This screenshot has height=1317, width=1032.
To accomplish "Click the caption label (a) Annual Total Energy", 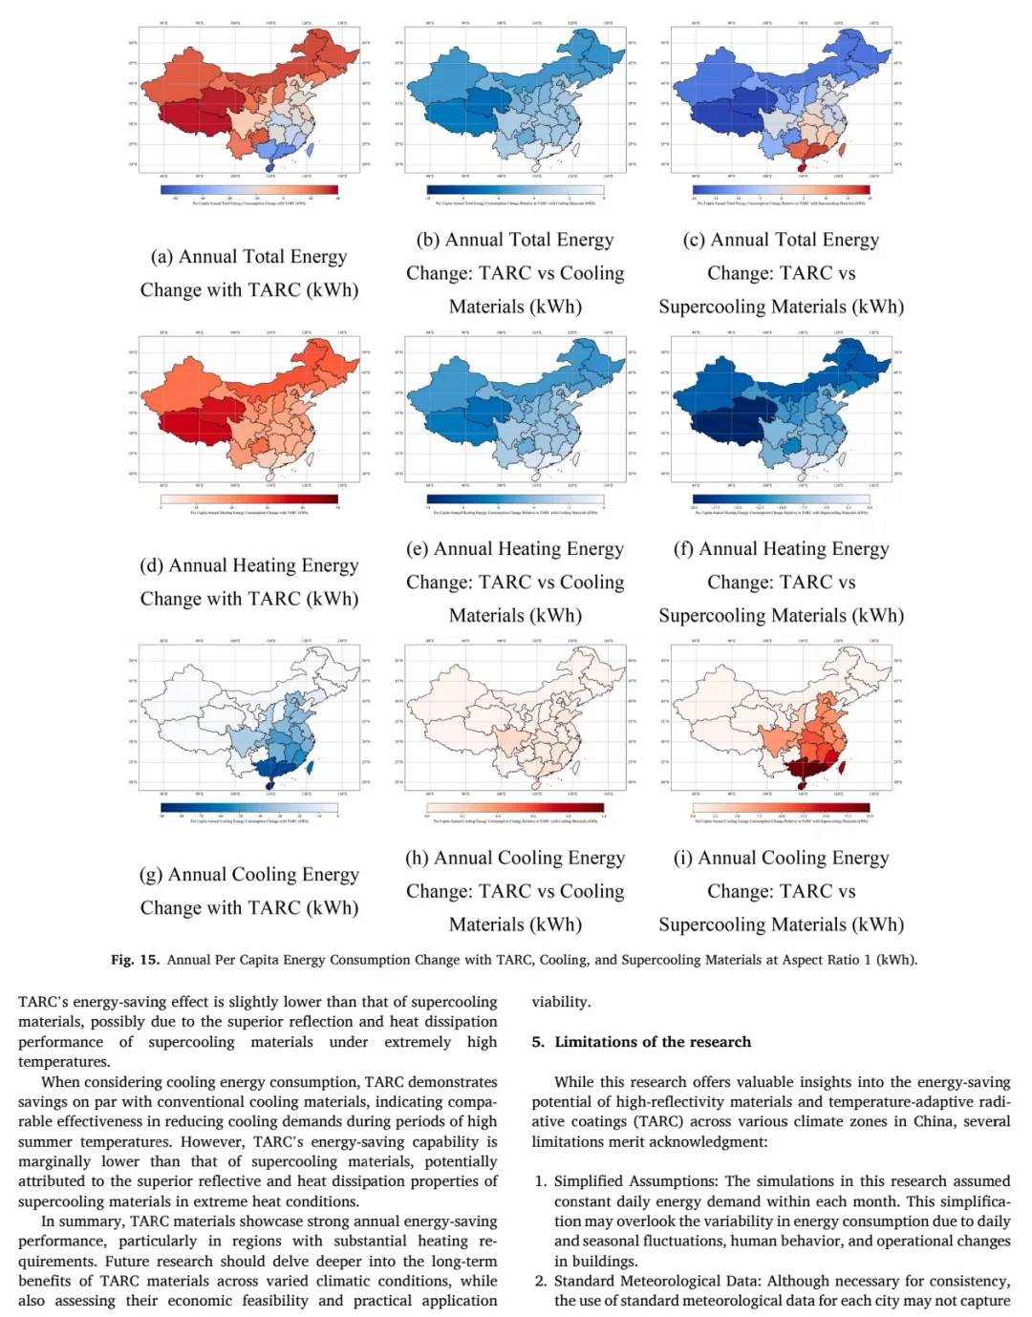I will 248,257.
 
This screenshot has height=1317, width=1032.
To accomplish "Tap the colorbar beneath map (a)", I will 249,189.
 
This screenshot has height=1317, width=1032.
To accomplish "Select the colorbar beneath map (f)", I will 781,499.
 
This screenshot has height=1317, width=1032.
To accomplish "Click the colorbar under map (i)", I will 781,808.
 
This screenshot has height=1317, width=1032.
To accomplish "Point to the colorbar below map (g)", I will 249,808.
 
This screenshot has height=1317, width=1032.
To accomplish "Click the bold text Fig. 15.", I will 135,960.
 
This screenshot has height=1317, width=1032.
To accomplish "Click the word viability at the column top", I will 561,1002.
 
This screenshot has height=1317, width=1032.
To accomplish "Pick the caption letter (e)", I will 418,549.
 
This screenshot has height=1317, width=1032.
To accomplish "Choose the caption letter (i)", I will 683,859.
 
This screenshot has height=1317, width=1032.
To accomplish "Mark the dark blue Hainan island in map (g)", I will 269,785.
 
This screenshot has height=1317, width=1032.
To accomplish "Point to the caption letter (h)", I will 418,859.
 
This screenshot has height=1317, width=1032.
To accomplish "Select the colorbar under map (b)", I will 515,189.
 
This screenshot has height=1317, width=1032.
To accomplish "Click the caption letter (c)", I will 694,240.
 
